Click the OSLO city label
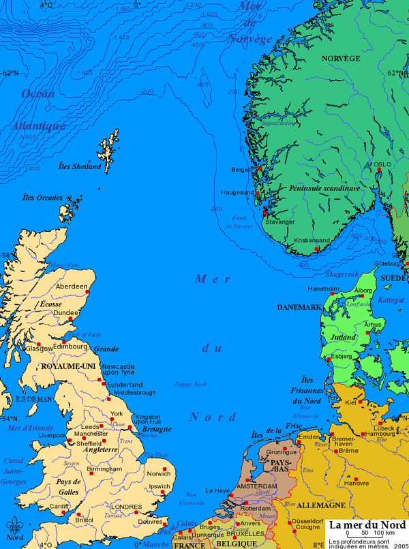(x=382, y=164)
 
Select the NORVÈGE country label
(x=340, y=59)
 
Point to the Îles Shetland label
(x=79, y=166)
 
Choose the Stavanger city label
(x=280, y=222)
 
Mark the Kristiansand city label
(x=312, y=241)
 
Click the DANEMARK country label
(x=299, y=308)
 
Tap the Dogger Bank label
(x=190, y=385)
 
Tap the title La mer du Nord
(x=365, y=525)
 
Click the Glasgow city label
(x=40, y=348)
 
